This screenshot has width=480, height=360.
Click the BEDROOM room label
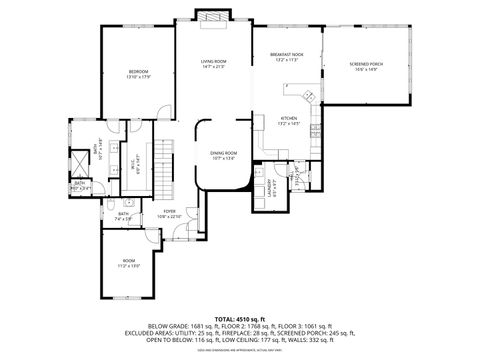coord(138,72)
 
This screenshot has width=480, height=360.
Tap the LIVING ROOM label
coord(212,62)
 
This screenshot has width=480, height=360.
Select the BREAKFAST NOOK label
coord(287,55)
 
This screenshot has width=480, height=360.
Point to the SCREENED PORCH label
coord(366,64)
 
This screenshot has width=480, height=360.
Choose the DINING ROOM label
coord(222,152)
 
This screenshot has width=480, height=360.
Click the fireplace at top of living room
coord(212,15)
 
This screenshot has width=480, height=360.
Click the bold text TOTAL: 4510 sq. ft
coord(239,319)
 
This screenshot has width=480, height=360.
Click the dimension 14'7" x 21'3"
coord(212,68)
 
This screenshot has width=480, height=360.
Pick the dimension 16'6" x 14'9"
coord(366,70)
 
